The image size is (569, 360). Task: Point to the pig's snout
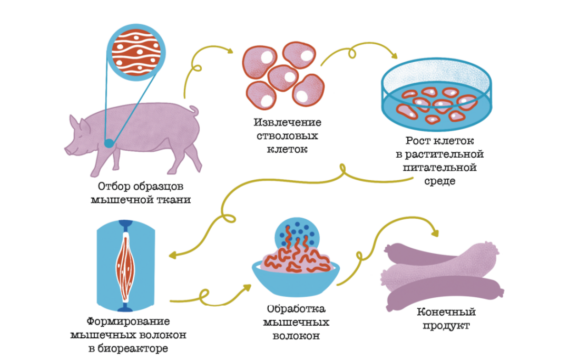[68, 150]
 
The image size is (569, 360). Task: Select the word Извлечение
[287, 123]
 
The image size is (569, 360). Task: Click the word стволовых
[287, 136]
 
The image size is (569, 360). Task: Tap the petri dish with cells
[437, 98]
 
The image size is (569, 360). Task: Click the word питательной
[440, 168]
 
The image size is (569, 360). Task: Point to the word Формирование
[129, 322]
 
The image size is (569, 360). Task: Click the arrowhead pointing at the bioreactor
[173, 256]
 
